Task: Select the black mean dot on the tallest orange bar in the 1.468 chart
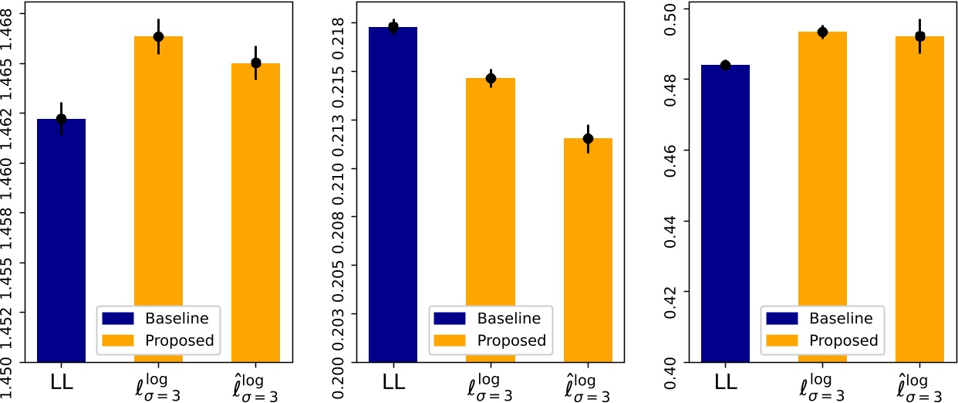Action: coord(159,37)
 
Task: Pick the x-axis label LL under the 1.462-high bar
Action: coord(62,381)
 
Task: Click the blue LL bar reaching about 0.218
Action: coord(393,193)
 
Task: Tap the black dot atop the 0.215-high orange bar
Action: coord(491,78)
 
